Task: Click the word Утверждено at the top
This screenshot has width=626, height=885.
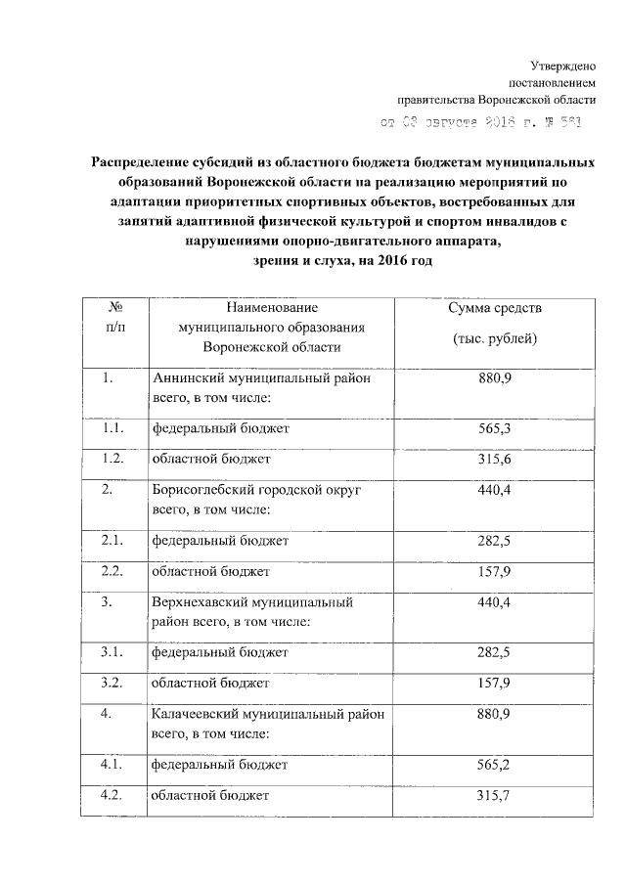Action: click(x=563, y=65)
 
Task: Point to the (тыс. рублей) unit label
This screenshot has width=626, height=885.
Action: click(x=495, y=338)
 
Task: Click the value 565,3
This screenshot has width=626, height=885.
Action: click(x=495, y=428)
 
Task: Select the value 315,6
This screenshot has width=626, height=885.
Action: click(x=495, y=459)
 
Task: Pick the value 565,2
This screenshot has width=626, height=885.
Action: click(x=495, y=766)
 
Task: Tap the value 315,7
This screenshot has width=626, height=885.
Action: click(x=495, y=796)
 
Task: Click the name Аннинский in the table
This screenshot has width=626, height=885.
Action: click(x=187, y=378)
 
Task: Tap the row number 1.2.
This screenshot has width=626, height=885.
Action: click(x=113, y=459)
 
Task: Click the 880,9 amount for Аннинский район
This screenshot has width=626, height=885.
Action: click(x=495, y=378)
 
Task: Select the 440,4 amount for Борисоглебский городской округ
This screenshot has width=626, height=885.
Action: click(x=495, y=490)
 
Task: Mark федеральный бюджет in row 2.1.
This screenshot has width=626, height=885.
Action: click(x=218, y=541)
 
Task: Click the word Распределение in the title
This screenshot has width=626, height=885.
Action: click(x=144, y=160)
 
